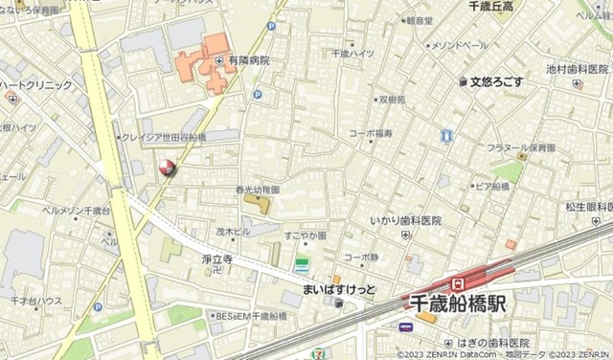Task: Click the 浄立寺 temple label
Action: pyautogui.click(x=216, y=259)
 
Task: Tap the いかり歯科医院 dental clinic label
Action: pyautogui.click(x=406, y=221)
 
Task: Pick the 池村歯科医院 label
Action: pyautogui.click(x=578, y=69)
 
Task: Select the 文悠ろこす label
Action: pyautogui.click(x=496, y=82)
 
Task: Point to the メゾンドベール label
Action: pyautogui.click(x=459, y=45)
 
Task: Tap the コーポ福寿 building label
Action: pyautogui.click(x=370, y=133)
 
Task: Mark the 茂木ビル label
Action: pyautogui.click(x=232, y=231)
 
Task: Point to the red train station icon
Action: pyautogui.click(x=458, y=283)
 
